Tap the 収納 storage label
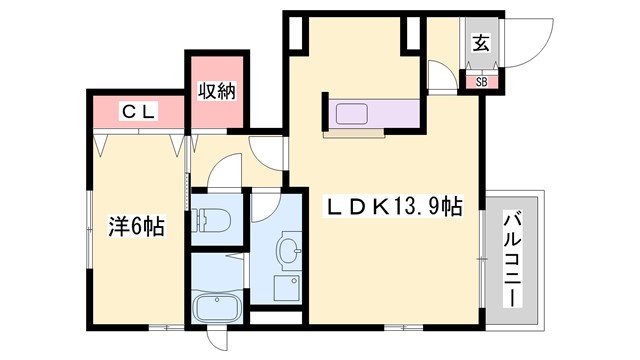(215, 92)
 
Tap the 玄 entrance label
(481, 43)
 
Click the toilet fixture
(212, 218)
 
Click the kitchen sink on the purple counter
(353, 113)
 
